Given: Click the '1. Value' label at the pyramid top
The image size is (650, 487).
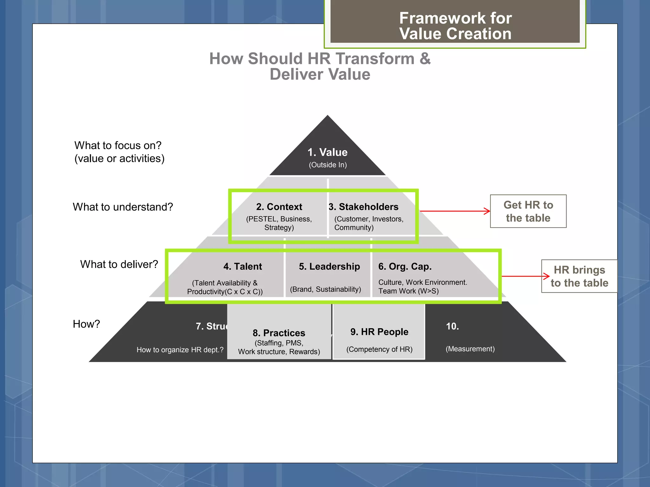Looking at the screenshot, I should pos(327,153).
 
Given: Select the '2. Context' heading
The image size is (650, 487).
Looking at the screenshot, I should pos(279,207).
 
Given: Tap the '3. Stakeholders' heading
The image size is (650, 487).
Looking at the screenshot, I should pos(363,207).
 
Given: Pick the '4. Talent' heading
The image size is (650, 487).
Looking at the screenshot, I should pos(242,267).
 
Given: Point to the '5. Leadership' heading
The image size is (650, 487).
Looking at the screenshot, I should pos(329,267).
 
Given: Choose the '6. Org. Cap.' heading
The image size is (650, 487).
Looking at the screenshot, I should pos(405,267).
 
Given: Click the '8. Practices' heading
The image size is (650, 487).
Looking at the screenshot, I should pos(279,333).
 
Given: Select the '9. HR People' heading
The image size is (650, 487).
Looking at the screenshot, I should pos(379,332).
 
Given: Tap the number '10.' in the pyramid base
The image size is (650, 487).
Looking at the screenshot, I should pos(452,327).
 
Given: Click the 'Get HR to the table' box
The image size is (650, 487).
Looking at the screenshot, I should pos(528,211).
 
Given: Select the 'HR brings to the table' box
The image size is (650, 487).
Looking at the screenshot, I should pos(579,276).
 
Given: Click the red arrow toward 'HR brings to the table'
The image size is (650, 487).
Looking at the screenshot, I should pos(525,276).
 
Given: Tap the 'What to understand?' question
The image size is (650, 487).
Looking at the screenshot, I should pos(123,207).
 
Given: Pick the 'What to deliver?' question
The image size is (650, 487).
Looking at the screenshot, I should pos(119,264).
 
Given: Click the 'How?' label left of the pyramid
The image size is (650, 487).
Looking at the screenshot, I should pos(86,324).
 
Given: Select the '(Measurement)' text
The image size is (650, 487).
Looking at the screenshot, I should pos(470,349).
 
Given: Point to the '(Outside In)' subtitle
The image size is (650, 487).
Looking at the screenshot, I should pos(328,165).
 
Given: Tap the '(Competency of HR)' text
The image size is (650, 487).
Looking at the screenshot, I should pos(379,349).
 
